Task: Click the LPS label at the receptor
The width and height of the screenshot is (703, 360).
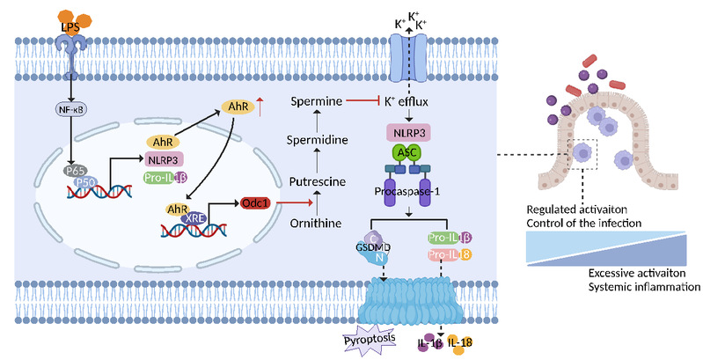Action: point(71,27)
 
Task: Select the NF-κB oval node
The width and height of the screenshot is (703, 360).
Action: point(71,108)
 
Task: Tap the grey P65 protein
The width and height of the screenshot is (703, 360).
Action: point(76,171)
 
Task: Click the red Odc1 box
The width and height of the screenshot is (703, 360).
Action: point(255,203)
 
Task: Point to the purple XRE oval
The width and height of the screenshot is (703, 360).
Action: point(195,218)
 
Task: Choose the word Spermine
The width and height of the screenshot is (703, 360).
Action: point(317,101)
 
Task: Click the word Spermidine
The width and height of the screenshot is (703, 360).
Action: point(318,140)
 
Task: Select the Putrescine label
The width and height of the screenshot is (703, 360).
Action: point(318,181)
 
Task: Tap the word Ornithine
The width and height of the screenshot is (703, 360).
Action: point(316,223)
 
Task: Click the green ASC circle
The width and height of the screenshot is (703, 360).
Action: point(407,153)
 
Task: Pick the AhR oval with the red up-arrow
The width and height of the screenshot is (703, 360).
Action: point(238,107)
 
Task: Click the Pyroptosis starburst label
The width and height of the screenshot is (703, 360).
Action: point(370,339)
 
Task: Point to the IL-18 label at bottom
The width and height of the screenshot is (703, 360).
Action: point(460,343)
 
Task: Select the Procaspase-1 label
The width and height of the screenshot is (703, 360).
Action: point(407,191)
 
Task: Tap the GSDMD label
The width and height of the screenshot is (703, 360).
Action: point(373,247)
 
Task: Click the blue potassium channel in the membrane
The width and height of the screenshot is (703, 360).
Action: point(408,59)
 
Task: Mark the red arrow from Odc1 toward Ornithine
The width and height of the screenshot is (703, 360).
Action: point(294,203)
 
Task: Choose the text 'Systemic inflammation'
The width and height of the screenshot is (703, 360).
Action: point(644,286)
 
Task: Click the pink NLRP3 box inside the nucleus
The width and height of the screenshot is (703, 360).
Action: point(164,159)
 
